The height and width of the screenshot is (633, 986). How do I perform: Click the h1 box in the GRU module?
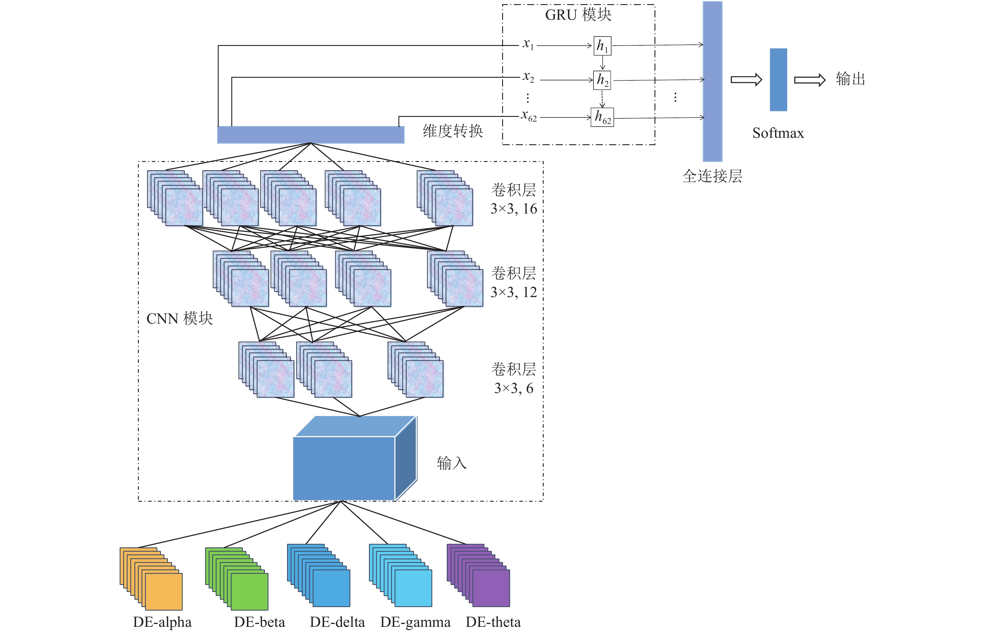602,46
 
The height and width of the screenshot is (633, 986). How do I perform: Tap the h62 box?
602,117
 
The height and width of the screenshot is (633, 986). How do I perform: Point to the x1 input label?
528,44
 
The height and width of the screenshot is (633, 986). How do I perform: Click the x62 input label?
529,116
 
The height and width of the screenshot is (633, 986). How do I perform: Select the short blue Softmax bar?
778,80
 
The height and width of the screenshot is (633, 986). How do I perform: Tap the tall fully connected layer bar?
713,81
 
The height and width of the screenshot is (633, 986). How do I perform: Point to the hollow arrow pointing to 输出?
809,80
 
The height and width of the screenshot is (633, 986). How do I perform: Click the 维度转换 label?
453,131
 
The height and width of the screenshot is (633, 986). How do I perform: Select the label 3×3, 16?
514,209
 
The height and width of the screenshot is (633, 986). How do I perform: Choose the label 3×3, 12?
514,292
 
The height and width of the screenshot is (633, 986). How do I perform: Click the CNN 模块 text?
180,319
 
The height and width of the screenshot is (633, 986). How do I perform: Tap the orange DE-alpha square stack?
151,579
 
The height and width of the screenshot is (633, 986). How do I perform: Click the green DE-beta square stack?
237,579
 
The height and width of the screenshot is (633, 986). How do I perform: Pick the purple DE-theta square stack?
478,576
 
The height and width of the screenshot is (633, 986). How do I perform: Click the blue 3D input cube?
355,458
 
